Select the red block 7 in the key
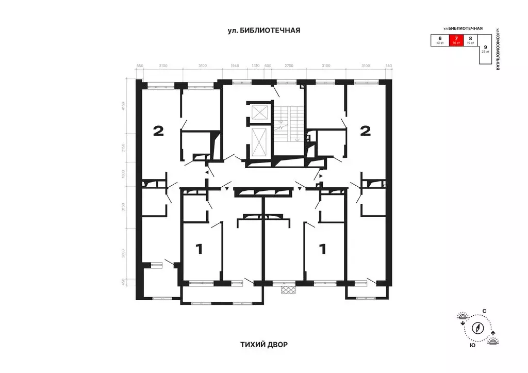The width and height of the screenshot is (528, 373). click(x=455, y=41)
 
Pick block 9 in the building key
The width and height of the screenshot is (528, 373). click(x=485, y=50)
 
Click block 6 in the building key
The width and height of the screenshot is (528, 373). click(x=440, y=41)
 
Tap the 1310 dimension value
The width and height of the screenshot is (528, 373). click(x=255, y=66)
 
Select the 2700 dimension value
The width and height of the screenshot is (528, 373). click(x=288, y=66)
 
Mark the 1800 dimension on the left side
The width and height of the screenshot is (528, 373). click(x=123, y=175)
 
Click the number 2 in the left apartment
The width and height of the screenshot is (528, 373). click(x=158, y=131)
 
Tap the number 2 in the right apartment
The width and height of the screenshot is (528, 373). click(x=365, y=131)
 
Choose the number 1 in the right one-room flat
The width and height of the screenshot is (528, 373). click(x=323, y=250)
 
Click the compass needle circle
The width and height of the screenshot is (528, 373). click(x=479, y=328)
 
